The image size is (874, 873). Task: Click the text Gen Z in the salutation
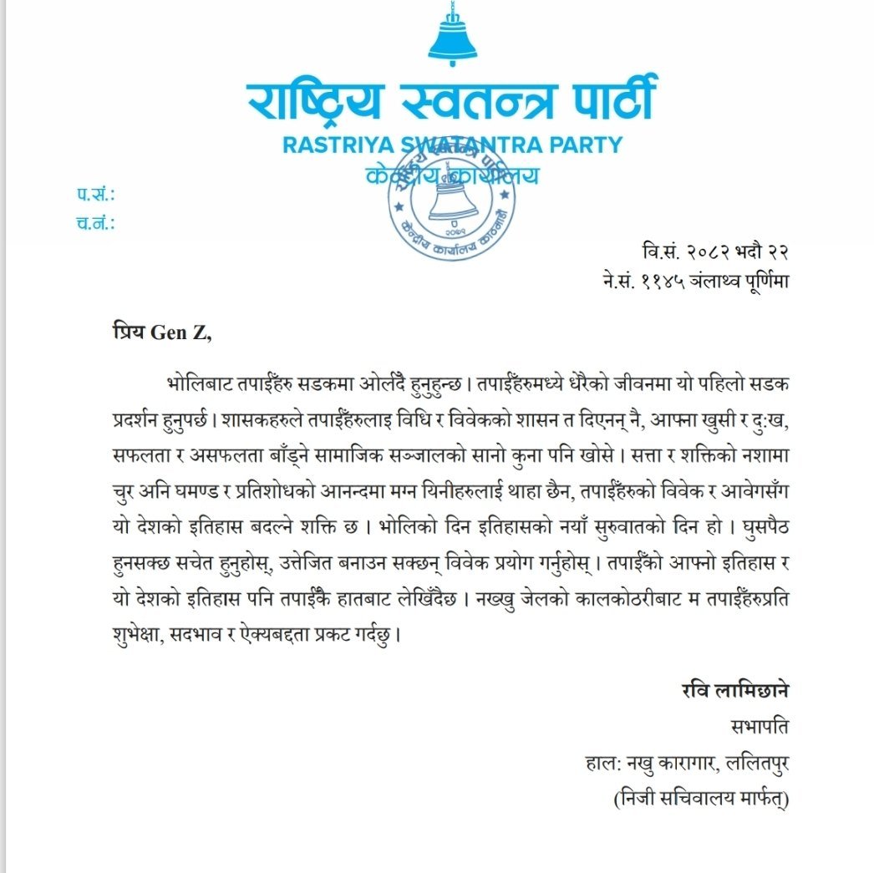click(181, 333)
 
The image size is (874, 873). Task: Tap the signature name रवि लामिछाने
click(735, 692)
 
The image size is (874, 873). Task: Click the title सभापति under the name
click(759, 727)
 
